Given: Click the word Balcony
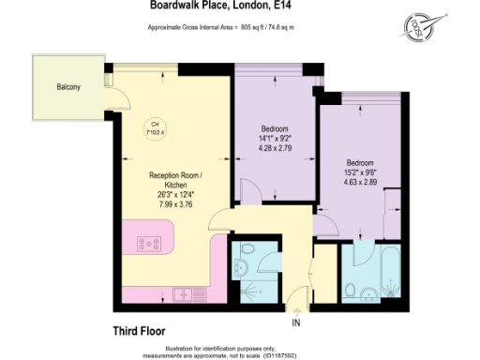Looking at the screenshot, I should click(67, 87).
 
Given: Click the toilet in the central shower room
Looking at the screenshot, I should click(248, 251).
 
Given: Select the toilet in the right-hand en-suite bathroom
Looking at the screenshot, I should click(349, 289).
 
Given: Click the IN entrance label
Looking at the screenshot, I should click(297, 323).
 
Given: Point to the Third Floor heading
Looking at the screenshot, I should click(130, 329).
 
